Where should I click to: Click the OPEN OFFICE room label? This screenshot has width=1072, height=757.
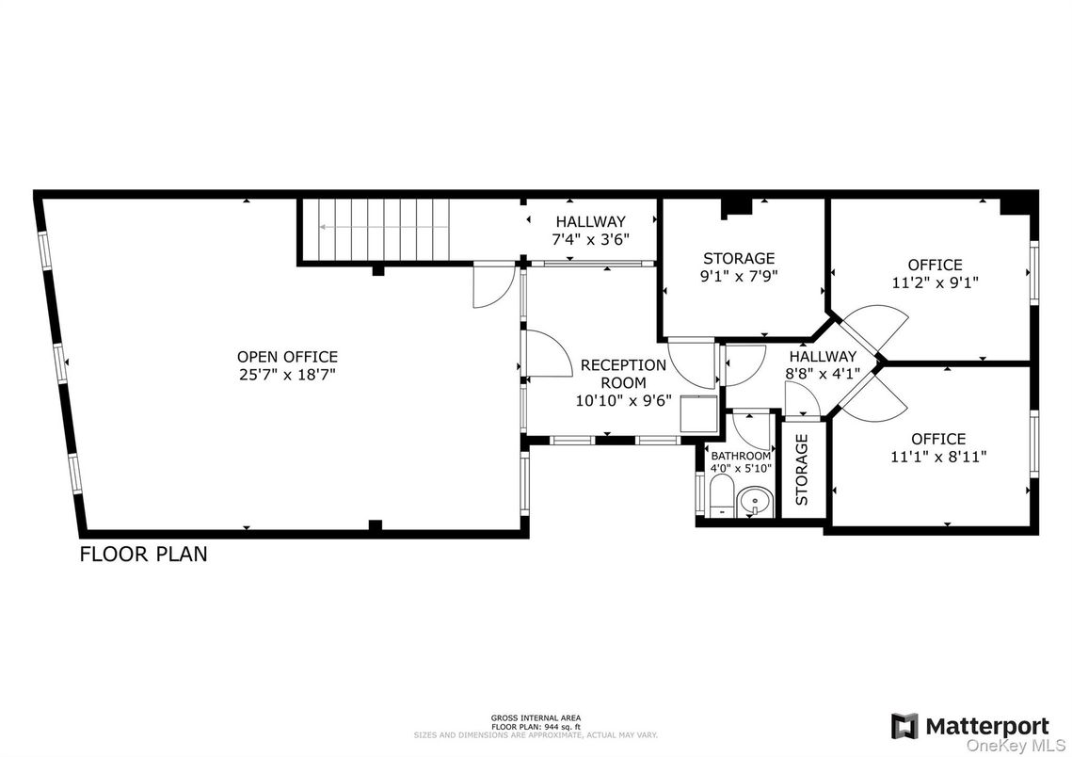[287, 357]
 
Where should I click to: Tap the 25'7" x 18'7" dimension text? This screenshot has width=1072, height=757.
[287, 374]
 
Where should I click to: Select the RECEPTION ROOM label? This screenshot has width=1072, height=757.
[622, 374]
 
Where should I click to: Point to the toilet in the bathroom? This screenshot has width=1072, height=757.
[720, 495]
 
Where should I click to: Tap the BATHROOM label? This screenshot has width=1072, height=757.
[740, 456]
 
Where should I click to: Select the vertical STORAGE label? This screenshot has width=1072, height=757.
[802, 469]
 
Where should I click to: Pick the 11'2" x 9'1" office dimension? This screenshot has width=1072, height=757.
[935, 282]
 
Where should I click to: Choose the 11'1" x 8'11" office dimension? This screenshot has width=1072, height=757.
[937, 457]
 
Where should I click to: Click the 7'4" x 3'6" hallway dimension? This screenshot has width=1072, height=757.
[589, 239]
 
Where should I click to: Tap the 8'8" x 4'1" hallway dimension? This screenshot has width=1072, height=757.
[822, 373]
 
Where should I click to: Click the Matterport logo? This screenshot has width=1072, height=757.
[969, 726]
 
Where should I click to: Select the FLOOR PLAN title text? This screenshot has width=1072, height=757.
[143, 554]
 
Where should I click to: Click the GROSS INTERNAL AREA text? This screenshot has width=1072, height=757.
[536, 717]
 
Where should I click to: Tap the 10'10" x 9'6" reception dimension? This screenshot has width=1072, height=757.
[622, 399]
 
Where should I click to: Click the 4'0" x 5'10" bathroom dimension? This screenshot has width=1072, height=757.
[740, 468]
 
